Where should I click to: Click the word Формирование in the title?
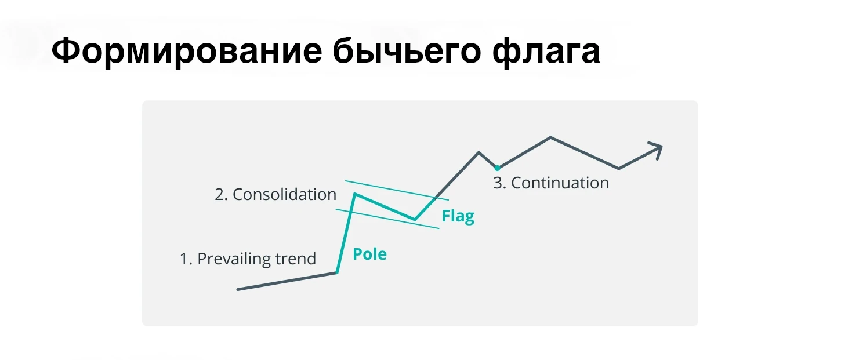[187, 52]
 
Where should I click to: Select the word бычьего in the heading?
[407, 52]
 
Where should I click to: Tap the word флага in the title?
[546, 52]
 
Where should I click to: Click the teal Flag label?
[458, 216]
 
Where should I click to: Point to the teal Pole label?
[370, 254]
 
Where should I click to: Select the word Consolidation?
[285, 194]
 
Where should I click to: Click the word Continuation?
[560, 183]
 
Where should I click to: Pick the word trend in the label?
[296, 259]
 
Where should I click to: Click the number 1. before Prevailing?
[186, 259]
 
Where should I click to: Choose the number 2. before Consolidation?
[221, 195]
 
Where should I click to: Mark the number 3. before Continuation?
[499, 183]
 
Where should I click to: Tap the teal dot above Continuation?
[497, 168]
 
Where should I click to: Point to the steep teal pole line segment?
[346, 234]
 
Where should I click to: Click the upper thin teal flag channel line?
[397, 190]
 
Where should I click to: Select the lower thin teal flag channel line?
[387, 219]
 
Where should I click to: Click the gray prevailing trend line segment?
[287, 281]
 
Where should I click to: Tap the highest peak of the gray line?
[551, 137]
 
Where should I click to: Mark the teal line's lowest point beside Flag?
[415, 220]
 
